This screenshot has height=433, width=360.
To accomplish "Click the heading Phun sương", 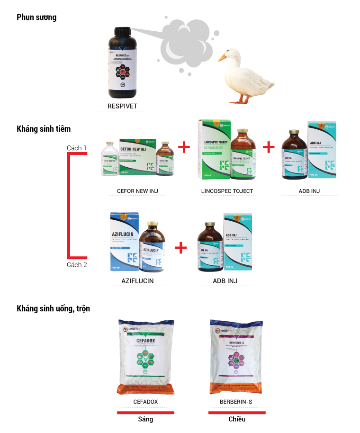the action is tap(36, 18).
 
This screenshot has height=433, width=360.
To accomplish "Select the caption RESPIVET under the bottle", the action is tap(123, 106).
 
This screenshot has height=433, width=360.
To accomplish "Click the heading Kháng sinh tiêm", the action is tap(44, 128).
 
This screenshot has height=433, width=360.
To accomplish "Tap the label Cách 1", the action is tap(77, 148).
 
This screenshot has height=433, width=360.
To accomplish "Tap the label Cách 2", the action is tap(77, 265).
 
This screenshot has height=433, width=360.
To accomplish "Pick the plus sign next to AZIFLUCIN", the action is tap(180, 247).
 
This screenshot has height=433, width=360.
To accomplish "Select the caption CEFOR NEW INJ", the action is tap(137, 191).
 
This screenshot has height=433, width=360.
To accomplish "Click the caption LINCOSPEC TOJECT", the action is tap(227, 191).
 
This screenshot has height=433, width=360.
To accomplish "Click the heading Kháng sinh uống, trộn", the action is tap(53, 308).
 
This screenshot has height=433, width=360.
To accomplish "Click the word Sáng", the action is tap(145, 419).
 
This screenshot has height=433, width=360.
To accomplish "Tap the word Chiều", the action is tap(237, 419).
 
